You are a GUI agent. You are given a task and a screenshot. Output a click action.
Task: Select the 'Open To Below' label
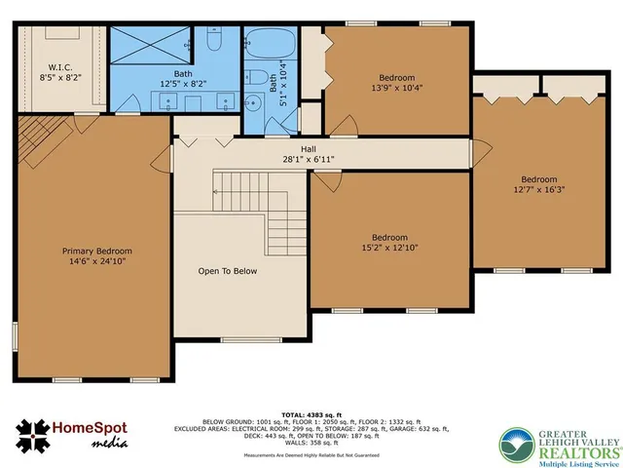(x=227, y=271)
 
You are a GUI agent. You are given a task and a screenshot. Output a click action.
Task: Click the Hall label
(x=308, y=148)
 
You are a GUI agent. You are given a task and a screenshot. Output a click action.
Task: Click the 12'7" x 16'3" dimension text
(x=538, y=190)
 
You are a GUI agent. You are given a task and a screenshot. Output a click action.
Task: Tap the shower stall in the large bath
(x=148, y=43)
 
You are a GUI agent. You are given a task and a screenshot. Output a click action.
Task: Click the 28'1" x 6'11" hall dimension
(x=308, y=159)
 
